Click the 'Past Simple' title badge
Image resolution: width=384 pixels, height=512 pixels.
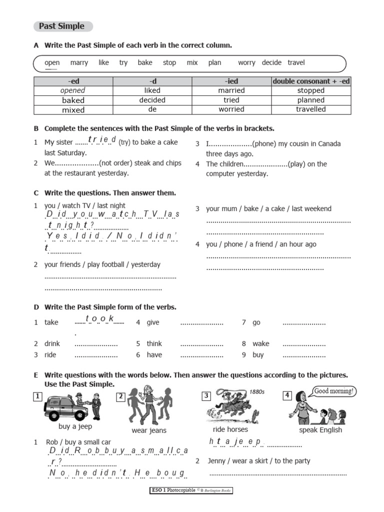coord(62,26)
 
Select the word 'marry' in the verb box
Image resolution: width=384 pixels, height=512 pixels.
coord(79,62)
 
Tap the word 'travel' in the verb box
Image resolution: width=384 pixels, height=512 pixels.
coord(296,62)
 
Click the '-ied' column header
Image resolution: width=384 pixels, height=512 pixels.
coord(231,81)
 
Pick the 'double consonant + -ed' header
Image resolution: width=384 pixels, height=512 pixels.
coord(310,81)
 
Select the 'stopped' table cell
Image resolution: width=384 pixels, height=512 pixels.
coord(310,90)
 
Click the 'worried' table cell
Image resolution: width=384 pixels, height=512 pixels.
coord(231,109)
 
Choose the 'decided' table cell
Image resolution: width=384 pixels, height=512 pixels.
coord(152,100)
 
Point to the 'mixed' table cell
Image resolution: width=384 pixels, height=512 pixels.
coord(73,109)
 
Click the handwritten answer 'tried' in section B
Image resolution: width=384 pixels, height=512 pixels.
coord(102,140)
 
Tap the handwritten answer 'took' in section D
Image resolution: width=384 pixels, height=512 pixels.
coord(100,319)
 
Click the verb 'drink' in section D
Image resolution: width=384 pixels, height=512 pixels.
coord(51,343)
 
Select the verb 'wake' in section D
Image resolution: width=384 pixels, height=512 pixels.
coord(260,343)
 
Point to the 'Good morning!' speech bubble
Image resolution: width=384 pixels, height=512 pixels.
coord(334,391)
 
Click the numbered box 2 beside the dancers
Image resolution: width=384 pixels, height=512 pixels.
coord(121,396)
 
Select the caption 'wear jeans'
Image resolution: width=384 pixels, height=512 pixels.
coord(149,430)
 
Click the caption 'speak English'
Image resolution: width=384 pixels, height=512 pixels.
coord(320,430)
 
